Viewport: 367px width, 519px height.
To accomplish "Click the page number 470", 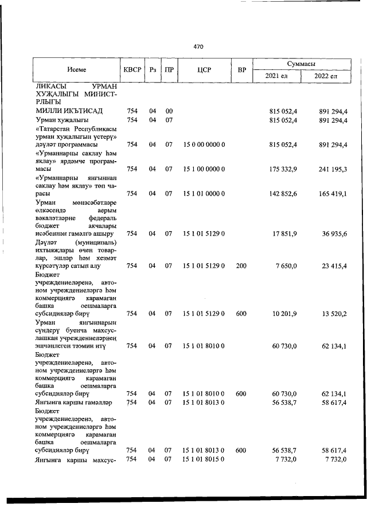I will click(x=198, y=46).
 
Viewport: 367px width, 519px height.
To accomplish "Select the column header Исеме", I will click(x=76, y=70).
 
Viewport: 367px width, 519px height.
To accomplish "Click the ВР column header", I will click(x=242, y=70).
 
